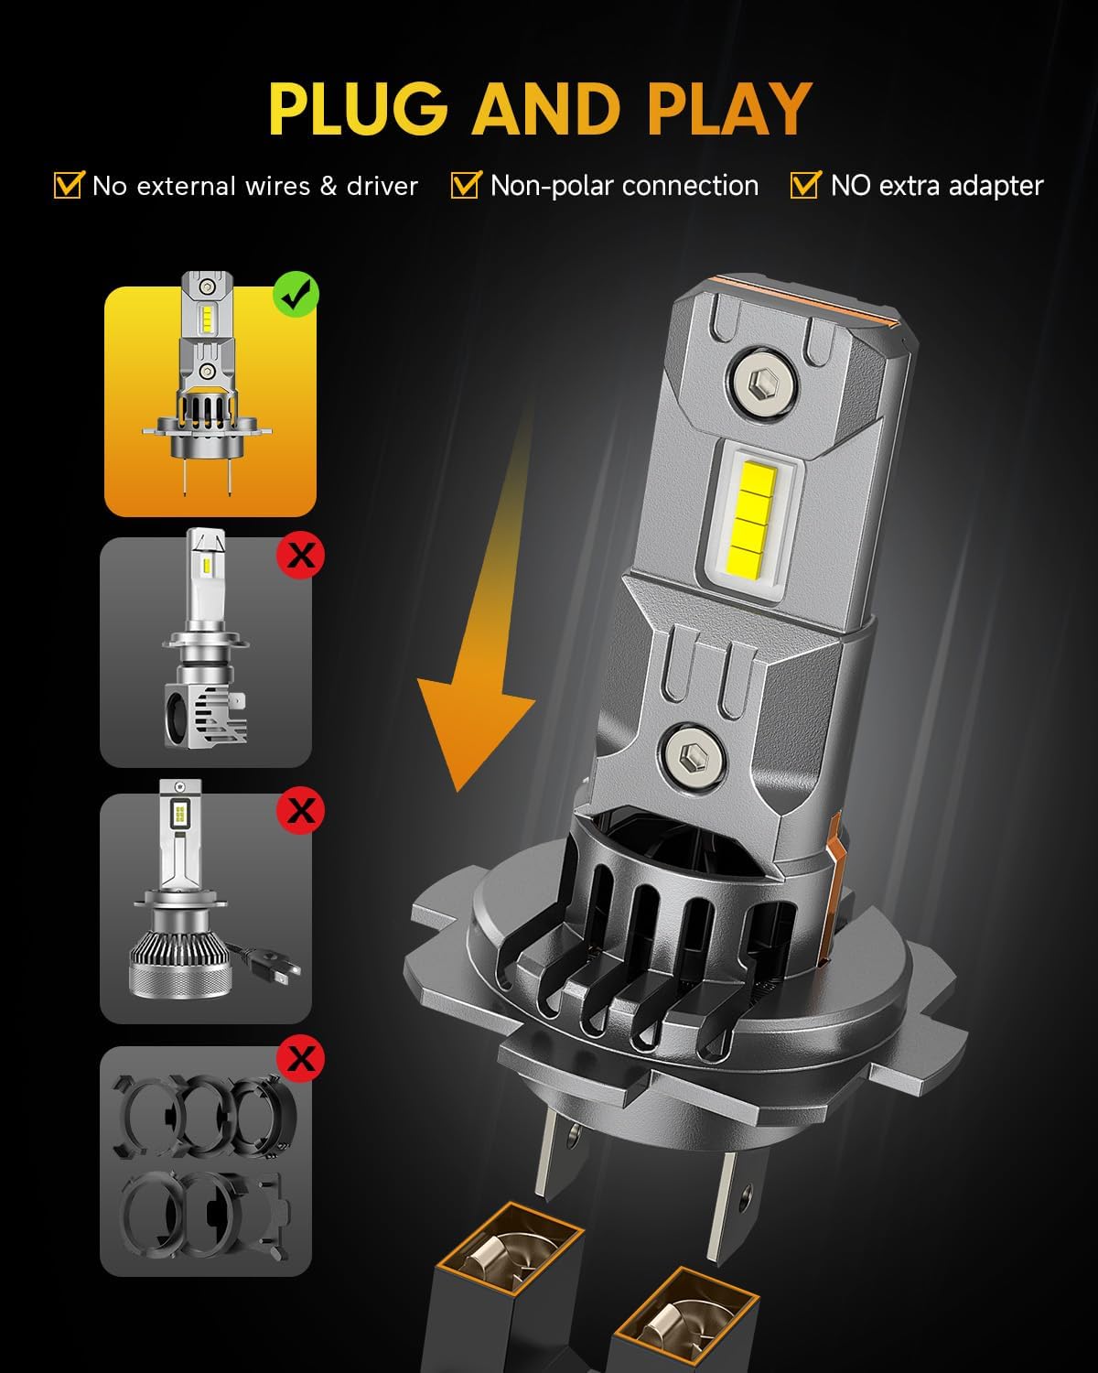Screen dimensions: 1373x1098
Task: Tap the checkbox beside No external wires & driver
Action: pos(69,185)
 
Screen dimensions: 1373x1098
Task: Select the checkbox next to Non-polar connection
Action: pos(465,185)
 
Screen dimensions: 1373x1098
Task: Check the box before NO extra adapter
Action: pos(804,185)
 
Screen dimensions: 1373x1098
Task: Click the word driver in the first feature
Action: pos(382,186)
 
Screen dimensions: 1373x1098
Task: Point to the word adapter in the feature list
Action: pos(996,187)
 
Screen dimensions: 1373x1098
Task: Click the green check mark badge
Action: pos(296,295)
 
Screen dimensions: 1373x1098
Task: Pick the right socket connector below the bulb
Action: pos(686,1327)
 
